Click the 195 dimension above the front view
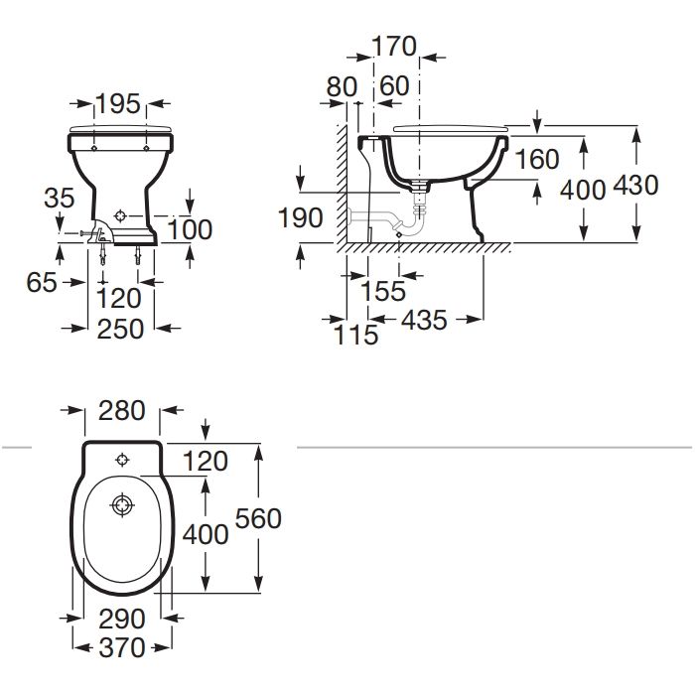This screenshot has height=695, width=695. pyautogui.click(x=118, y=104)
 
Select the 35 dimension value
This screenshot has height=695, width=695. pyautogui.click(x=59, y=198)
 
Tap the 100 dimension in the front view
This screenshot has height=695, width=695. pyautogui.click(x=190, y=230)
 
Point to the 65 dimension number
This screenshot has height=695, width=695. pyautogui.click(x=42, y=282)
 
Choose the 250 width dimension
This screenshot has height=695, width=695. pyautogui.click(x=120, y=330)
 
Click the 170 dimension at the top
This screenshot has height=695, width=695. pyautogui.click(x=394, y=47)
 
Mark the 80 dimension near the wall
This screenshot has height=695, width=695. pyautogui.click(x=342, y=87)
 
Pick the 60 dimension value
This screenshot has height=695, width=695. pyautogui.click(x=394, y=86)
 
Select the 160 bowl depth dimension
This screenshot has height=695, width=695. pyautogui.click(x=537, y=160)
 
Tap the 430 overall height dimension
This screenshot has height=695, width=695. pyautogui.click(x=635, y=186)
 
